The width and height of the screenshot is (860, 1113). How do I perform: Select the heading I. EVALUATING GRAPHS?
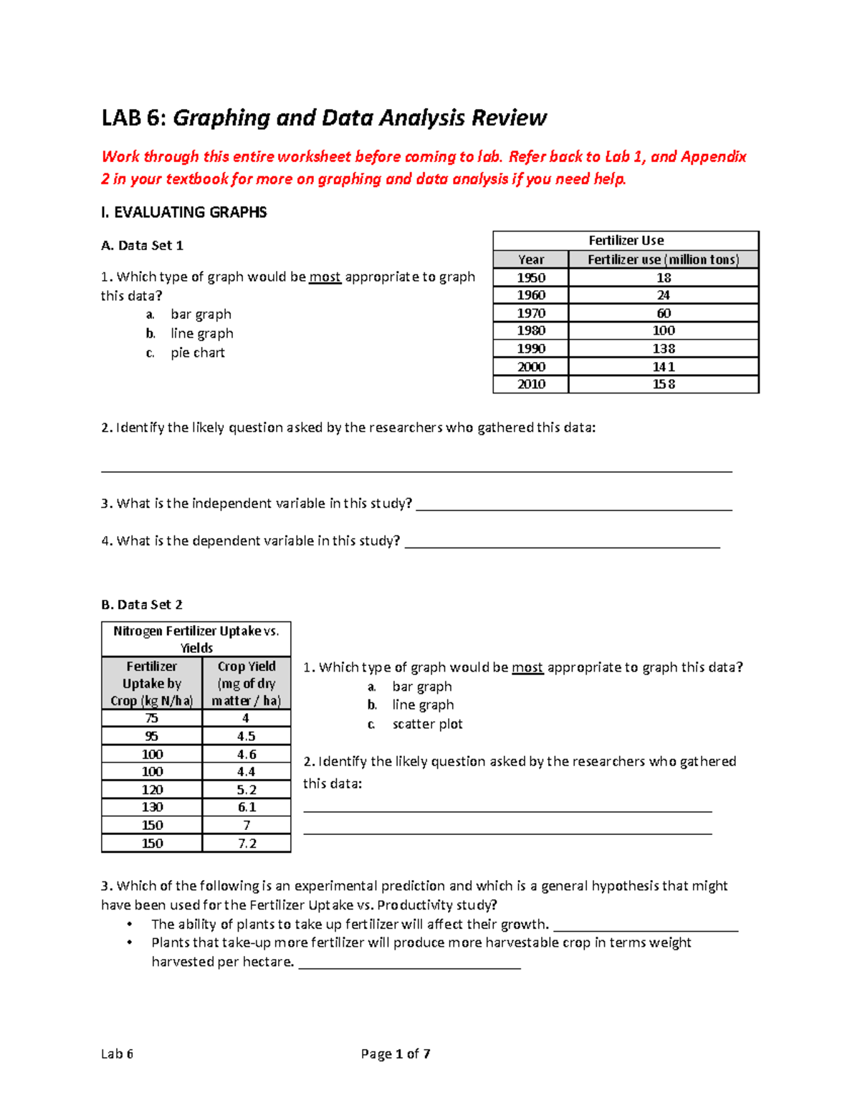click(184, 212)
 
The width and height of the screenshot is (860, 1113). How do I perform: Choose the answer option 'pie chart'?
click(197, 353)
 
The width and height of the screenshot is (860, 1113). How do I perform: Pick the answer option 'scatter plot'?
click(427, 724)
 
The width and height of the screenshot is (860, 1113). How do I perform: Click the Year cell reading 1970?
click(531, 313)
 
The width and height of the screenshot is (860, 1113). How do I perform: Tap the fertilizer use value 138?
click(664, 348)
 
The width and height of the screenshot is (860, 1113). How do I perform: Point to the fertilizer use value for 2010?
click(664, 384)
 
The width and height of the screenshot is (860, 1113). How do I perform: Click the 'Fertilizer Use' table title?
click(626, 241)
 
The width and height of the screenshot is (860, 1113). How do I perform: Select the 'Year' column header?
click(531, 259)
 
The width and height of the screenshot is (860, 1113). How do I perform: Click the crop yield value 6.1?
click(247, 807)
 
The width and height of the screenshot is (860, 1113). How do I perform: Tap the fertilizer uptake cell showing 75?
click(152, 718)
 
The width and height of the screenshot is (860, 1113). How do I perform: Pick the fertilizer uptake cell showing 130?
click(152, 807)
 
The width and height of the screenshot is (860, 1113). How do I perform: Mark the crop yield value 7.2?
click(247, 844)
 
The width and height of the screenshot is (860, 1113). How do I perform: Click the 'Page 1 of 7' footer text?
click(396, 1054)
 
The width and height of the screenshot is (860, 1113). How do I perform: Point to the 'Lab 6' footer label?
click(117, 1054)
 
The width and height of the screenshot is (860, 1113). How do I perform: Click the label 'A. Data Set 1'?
click(142, 245)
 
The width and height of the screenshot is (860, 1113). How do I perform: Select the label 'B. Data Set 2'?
click(142, 604)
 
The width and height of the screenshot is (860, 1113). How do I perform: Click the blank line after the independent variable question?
click(573, 505)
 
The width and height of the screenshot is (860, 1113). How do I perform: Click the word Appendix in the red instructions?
click(713, 157)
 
